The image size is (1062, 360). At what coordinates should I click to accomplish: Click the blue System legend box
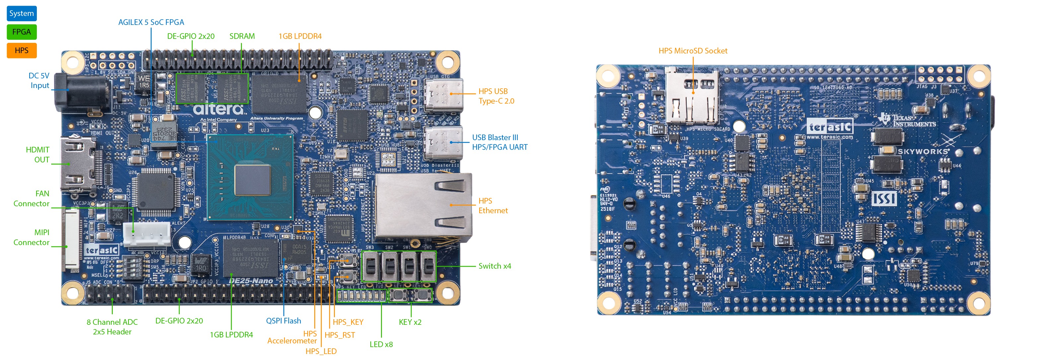pos(22,13)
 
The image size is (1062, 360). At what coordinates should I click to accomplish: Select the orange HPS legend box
pos(22,50)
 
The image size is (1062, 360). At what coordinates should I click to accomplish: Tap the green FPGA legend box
pos(22,32)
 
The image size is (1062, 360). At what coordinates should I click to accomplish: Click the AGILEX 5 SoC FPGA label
pos(151,22)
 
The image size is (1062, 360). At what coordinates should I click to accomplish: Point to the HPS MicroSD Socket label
pos(693,51)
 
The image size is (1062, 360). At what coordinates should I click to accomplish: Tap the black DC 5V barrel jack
pos(82,94)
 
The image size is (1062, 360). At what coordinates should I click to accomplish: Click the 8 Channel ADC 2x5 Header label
pos(112,326)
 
